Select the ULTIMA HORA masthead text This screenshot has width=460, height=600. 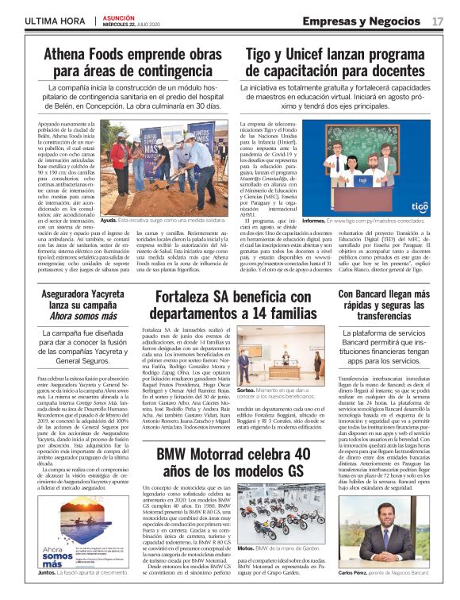click(56, 20)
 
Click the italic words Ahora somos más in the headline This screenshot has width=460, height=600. click(77, 316)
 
